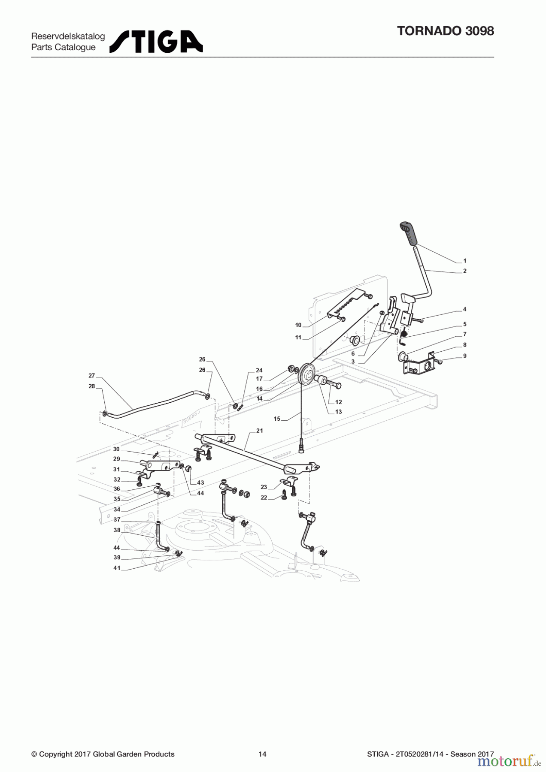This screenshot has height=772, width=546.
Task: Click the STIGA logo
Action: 156,42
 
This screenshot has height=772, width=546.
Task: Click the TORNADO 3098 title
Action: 446,31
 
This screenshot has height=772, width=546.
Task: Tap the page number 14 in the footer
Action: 262,754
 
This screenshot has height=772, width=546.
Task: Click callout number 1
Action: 465,261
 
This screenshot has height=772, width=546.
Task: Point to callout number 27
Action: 91,376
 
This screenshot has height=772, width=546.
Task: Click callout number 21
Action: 259,431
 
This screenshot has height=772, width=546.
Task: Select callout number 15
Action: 277,419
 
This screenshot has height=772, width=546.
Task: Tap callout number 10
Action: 298,325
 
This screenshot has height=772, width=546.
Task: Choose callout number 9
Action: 465,356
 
